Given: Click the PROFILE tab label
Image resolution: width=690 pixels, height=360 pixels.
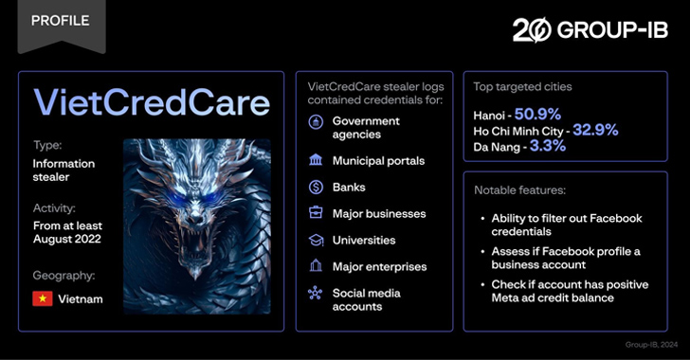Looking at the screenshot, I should (60, 21).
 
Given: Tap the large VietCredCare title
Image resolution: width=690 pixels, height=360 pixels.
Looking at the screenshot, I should (152, 101).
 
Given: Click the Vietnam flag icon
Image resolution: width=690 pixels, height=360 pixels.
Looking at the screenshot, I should (43, 298).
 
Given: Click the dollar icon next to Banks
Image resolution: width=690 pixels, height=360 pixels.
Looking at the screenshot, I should (315, 188).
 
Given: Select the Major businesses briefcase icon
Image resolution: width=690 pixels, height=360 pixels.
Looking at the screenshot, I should (315, 214).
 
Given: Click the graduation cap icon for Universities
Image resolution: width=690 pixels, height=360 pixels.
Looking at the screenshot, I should (315, 241).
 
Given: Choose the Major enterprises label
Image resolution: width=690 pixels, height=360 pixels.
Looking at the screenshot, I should (379, 267).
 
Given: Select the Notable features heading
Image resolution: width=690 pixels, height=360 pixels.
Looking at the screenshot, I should (520, 190).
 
